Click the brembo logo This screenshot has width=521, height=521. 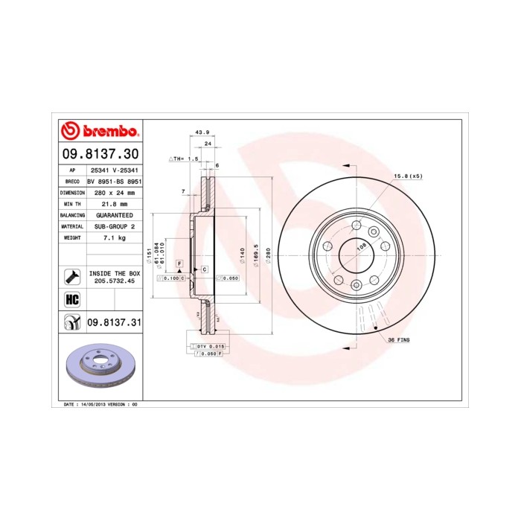click(99, 132)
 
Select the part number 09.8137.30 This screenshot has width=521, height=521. click(99, 154)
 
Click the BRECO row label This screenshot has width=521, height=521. click(72, 181)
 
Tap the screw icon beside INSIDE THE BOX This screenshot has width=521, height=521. click(72, 278)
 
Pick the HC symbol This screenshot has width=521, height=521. click(72, 300)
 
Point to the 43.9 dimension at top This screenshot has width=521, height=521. click(201, 132)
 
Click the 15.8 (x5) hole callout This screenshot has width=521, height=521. click(407, 176)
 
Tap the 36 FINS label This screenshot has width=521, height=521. click(398, 339)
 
